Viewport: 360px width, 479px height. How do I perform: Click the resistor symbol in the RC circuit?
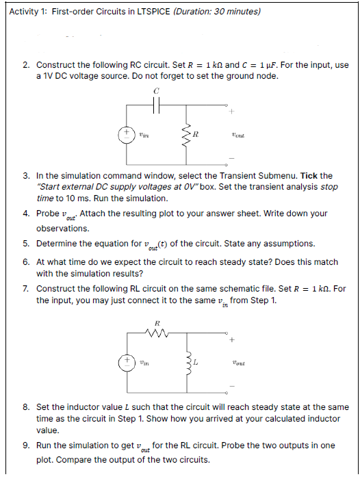pyautogui.click(x=183, y=135)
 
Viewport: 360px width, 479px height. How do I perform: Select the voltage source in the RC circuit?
pyautogui.click(x=127, y=135)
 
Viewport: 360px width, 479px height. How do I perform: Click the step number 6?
pyautogui.click(x=25, y=261)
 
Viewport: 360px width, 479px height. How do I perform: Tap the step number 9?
pyautogui.click(x=25, y=445)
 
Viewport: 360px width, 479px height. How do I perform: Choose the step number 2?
pyautogui.click(x=25, y=65)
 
